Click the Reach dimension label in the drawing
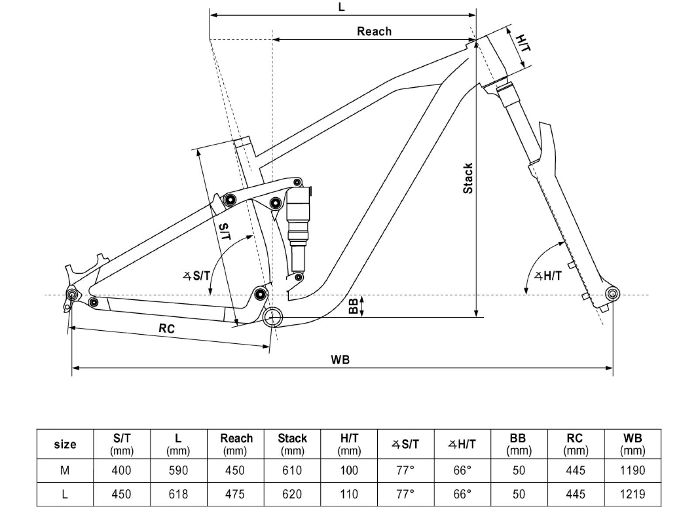(x=374, y=31)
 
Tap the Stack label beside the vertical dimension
(x=468, y=178)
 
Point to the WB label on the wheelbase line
(x=340, y=360)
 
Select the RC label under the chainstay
(x=166, y=328)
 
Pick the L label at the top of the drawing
(x=341, y=7)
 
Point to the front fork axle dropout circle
(x=612, y=294)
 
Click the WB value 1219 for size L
(x=632, y=494)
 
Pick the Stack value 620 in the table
(x=292, y=494)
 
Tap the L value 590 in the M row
(x=178, y=470)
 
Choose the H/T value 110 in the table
(x=349, y=494)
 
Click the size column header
(x=65, y=444)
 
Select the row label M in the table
(x=65, y=470)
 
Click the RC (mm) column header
(x=575, y=444)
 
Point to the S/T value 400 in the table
(x=121, y=470)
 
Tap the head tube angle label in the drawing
(x=548, y=276)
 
